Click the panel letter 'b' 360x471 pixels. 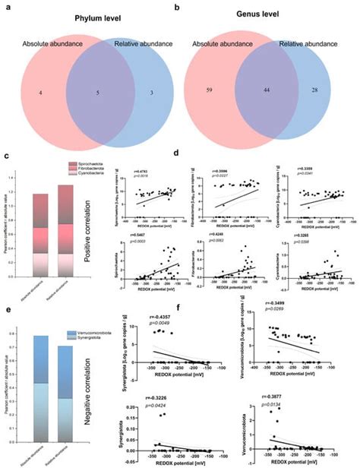[177, 5]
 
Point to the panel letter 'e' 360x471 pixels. [7, 302]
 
